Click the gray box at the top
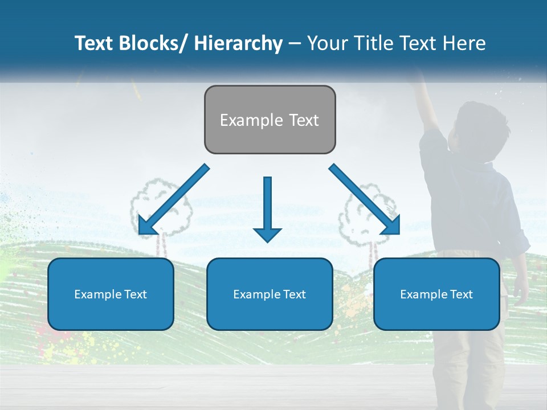pos(270,120)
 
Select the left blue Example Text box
pos(111,294)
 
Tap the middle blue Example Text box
pos(270,294)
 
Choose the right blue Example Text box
pos(436,294)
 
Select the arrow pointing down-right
pos(365,199)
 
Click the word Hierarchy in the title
pos(238,43)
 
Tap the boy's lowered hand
pos(520,290)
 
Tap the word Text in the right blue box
pos(461,294)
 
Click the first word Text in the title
pos(95,43)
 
